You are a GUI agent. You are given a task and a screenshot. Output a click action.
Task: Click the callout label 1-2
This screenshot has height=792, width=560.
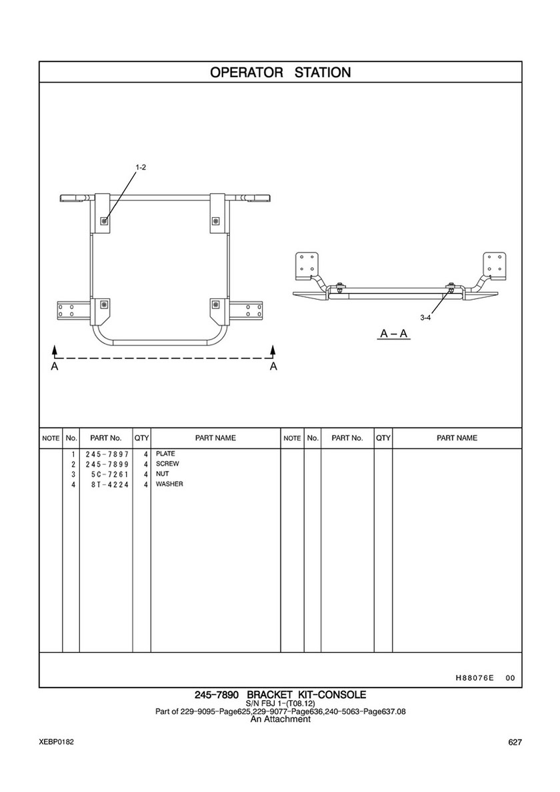pyautogui.click(x=141, y=168)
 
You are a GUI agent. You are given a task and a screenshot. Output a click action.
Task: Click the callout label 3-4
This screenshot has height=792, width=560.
pyautogui.click(x=425, y=318)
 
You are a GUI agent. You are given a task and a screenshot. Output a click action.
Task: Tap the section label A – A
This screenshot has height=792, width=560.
pyautogui.click(x=394, y=333)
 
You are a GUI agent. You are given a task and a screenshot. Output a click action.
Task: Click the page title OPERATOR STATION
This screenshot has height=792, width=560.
pyautogui.click(x=280, y=72)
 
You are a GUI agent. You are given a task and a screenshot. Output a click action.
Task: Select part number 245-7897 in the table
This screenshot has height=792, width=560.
pyautogui.click(x=107, y=454)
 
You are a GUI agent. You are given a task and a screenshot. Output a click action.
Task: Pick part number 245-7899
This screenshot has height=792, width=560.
pyautogui.click(x=107, y=464)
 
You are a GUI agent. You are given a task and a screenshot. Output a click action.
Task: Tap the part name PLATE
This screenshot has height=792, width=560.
pyautogui.click(x=165, y=454)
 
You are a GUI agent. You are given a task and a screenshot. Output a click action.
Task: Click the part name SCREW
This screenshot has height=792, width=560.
pyautogui.click(x=167, y=464)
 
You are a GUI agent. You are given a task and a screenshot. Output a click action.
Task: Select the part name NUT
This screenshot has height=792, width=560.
pyautogui.click(x=162, y=474)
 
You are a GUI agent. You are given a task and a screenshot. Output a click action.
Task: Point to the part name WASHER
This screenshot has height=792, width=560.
pyautogui.click(x=169, y=484)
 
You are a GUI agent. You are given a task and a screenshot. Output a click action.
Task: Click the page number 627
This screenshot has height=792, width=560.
pyautogui.click(x=514, y=743)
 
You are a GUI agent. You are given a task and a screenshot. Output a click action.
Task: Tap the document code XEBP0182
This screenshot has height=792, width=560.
pyautogui.click(x=57, y=742)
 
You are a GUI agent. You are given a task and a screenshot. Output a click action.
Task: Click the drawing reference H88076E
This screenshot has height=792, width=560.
pyautogui.click(x=474, y=678)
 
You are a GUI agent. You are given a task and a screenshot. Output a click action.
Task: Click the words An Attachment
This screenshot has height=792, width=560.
pyautogui.click(x=280, y=719)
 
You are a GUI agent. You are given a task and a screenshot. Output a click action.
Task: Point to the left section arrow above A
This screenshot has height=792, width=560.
pyautogui.click(x=55, y=350)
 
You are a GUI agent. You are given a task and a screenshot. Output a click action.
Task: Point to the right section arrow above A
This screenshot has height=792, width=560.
pyautogui.click(x=273, y=350)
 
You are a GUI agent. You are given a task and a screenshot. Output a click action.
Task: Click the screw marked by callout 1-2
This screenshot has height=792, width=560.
pyautogui.click(x=105, y=220)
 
